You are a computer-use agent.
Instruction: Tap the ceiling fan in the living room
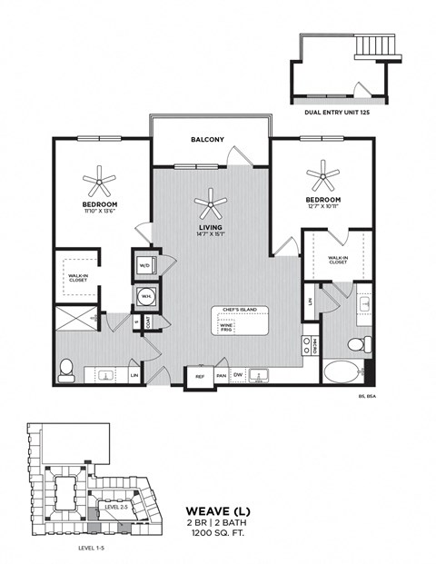point(211,202)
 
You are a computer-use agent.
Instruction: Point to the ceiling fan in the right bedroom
point(322,173)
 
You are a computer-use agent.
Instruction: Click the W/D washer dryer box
point(145,265)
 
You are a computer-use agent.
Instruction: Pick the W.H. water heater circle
point(145,296)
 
